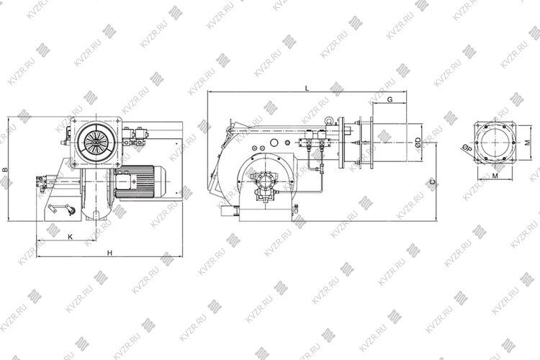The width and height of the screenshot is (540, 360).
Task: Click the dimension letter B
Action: click(x=4, y=169)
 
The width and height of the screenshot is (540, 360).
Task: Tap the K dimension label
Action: click(x=71, y=237)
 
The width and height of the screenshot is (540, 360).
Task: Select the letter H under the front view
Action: click(x=109, y=253)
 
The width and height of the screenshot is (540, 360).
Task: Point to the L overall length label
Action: click(x=307, y=88)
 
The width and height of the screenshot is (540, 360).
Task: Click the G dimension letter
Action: click(x=390, y=99)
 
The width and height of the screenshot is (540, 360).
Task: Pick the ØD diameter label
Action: click(x=418, y=143)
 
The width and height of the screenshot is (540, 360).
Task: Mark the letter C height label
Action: click(x=433, y=181)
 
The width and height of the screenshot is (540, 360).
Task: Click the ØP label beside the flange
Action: click(x=467, y=148)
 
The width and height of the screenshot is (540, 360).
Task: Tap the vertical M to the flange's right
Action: click(x=528, y=143)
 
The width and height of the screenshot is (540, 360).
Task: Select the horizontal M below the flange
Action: click(x=495, y=176)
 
